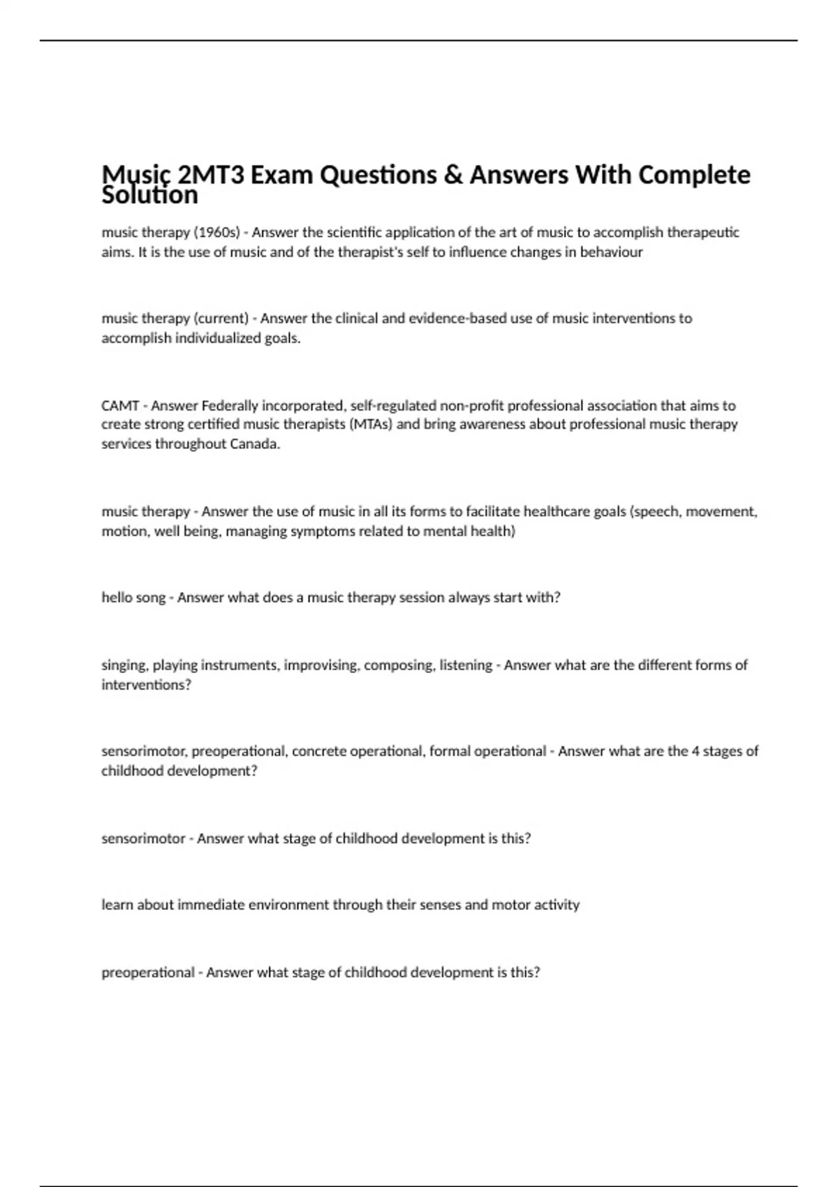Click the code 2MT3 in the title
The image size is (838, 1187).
[x=211, y=175]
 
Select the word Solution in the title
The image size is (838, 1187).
[x=149, y=196]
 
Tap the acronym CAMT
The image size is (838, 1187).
[x=120, y=406]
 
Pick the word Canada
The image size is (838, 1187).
[x=255, y=444]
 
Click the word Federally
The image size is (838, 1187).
[x=230, y=406]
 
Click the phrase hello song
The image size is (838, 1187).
[x=133, y=598]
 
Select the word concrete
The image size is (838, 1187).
[x=318, y=751]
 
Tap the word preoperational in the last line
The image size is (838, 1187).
[x=148, y=973]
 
